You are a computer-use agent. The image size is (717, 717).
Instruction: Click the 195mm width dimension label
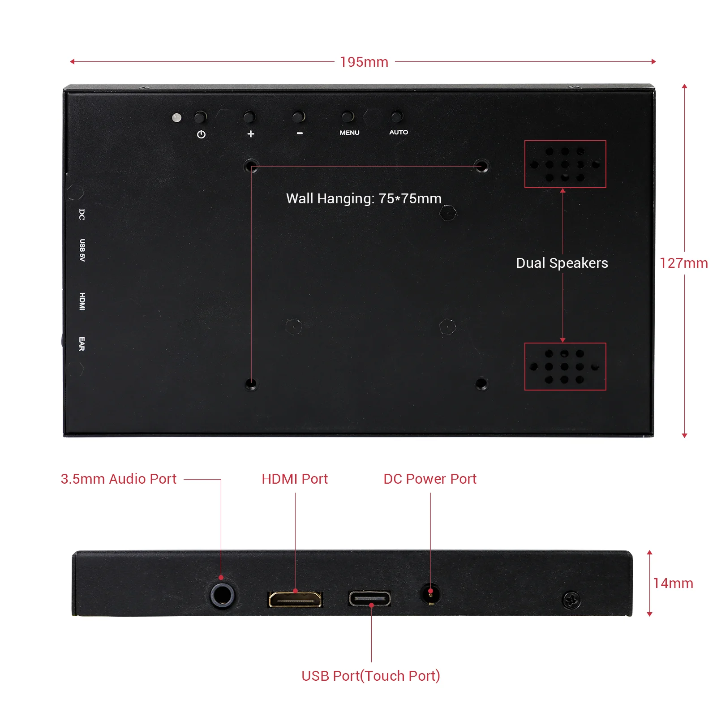[364, 62]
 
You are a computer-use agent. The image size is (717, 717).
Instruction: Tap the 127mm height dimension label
[683, 263]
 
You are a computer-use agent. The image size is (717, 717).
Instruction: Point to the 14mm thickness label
[673, 583]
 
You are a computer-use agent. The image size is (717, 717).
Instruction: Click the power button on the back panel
[200, 117]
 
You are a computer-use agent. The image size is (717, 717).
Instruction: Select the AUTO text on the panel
[398, 132]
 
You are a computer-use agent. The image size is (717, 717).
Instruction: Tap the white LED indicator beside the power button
[177, 118]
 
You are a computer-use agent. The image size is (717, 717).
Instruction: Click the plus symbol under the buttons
[251, 133]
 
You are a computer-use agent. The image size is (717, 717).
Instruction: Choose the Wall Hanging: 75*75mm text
[364, 198]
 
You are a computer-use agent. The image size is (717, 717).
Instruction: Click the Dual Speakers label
[562, 263]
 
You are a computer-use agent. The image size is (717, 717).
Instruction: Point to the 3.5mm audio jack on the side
[222, 595]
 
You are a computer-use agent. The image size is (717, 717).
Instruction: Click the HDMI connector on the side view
[295, 599]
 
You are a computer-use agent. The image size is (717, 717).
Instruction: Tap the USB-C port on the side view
[369, 598]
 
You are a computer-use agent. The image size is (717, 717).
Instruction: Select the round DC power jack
[430, 595]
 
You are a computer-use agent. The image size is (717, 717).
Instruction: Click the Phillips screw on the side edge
[571, 600]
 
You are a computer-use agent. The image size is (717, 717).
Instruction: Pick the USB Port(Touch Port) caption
[371, 675]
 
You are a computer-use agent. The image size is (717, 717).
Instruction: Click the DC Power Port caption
[430, 479]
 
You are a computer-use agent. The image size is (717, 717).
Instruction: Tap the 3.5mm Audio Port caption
[119, 479]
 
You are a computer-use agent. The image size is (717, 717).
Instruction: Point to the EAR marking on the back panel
[82, 343]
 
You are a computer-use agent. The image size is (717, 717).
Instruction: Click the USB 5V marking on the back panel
[82, 250]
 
